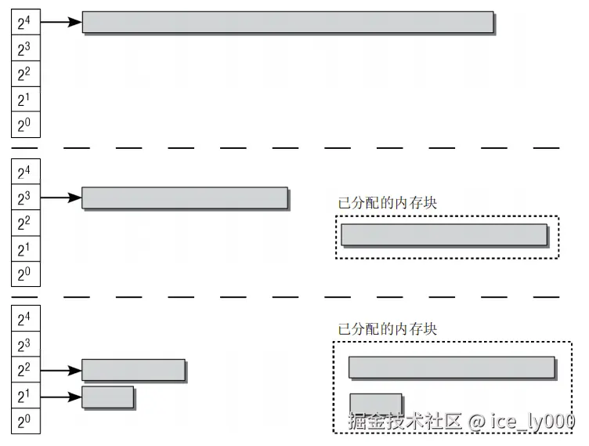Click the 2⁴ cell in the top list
(x=24, y=23)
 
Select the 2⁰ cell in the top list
(x=24, y=125)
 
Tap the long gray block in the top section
(x=287, y=22)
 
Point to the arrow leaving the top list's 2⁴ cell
(x=60, y=22)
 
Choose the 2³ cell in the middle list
(x=24, y=198)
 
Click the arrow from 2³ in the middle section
(x=60, y=198)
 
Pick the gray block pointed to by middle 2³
(x=185, y=198)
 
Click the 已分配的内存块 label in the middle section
(x=387, y=202)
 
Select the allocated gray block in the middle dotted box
(x=443, y=235)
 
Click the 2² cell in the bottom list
(x=24, y=370)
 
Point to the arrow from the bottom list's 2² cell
(x=60, y=370)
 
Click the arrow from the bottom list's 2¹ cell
(x=60, y=396)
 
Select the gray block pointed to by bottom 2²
(x=133, y=370)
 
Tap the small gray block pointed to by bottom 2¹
(x=107, y=397)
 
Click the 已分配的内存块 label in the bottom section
(x=387, y=329)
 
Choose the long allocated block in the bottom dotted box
(x=451, y=367)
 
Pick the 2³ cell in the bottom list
(x=24, y=345)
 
